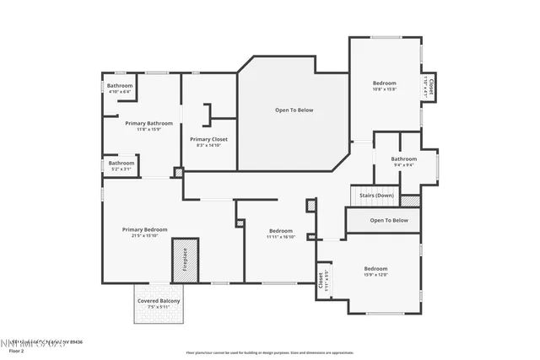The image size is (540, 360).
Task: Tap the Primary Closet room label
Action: click(208, 139)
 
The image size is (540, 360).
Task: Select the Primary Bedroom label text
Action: click(144, 229)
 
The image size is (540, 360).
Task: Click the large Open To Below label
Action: click(294, 110)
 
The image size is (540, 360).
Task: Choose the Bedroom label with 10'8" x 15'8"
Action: click(385, 83)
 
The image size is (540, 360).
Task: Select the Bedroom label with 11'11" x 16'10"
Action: click(281, 231)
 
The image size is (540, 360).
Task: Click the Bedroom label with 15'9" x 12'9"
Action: click(375, 268)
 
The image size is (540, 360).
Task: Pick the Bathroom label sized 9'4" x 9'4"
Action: click(403, 159)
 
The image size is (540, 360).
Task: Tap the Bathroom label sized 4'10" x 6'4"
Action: click(120, 85)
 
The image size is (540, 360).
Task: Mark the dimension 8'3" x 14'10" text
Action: click(208, 145)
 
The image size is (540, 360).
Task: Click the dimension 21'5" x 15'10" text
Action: click(144, 235)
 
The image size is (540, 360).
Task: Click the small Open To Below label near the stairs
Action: click(389, 220)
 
